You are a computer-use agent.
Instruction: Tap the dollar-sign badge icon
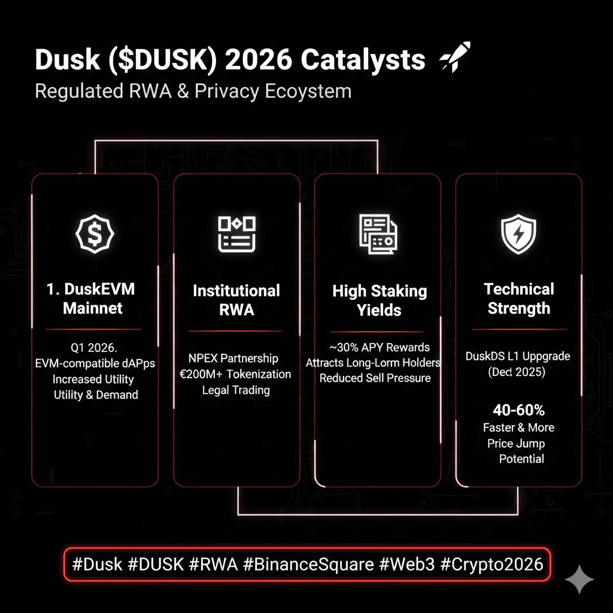[95, 234]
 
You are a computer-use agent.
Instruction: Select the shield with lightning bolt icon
[518, 234]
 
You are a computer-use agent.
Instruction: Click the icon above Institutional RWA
[236, 234]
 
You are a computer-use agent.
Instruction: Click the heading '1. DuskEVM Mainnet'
[91, 299]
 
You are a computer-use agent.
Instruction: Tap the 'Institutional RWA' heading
[236, 300]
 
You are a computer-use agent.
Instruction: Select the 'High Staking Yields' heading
[380, 301]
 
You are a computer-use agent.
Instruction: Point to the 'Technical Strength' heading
[518, 299]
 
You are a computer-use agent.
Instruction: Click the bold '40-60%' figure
[518, 410]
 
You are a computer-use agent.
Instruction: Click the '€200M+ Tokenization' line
[236, 374]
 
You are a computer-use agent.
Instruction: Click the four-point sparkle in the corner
[579, 579]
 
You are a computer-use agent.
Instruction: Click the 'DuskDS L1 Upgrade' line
[518, 356]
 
